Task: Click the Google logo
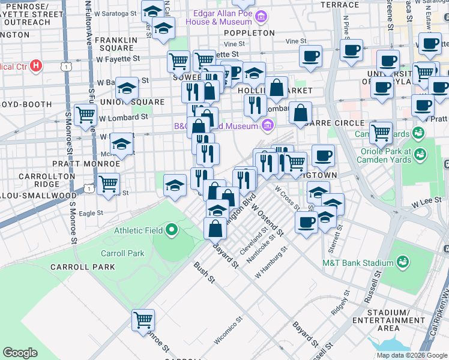point(20,353)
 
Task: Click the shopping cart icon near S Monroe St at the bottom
point(143,320)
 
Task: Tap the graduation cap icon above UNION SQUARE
point(127,88)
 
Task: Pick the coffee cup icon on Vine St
point(310,56)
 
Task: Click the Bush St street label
point(204,272)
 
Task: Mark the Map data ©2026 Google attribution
point(412,355)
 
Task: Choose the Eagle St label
point(91,212)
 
